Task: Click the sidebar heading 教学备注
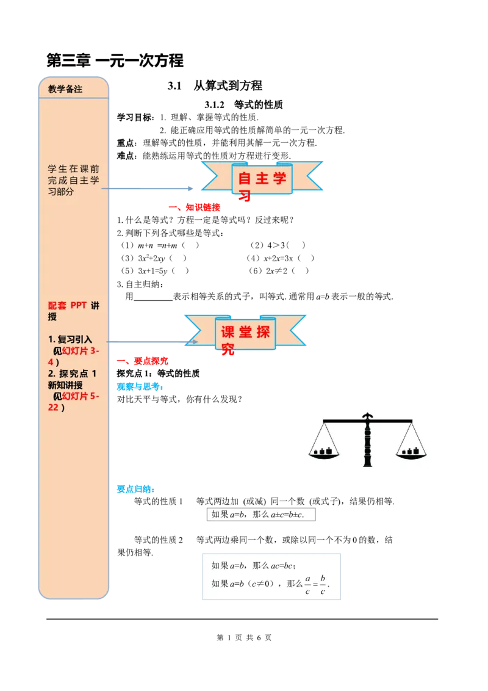pyautogui.click(x=65, y=89)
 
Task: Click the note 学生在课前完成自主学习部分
pyautogui.click(x=73, y=180)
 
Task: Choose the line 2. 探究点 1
pyautogui.click(x=72, y=374)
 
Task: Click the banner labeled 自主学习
pyautogui.click(x=262, y=179)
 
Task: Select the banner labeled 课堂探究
pyautogui.click(x=245, y=333)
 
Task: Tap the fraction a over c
pyautogui.click(x=308, y=584)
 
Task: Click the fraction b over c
pyautogui.click(x=323, y=584)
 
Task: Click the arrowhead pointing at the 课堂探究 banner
pyautogui.click(x=195, y=342)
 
